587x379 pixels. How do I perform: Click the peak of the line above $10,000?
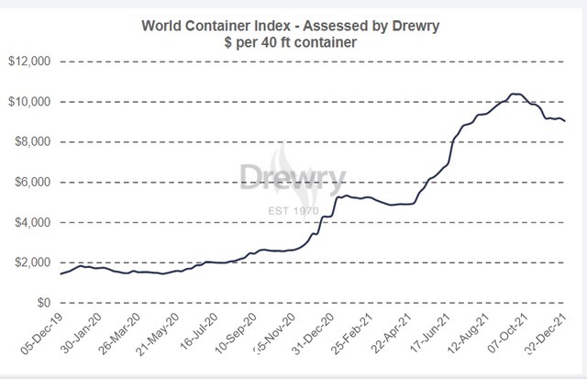point(515,94)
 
